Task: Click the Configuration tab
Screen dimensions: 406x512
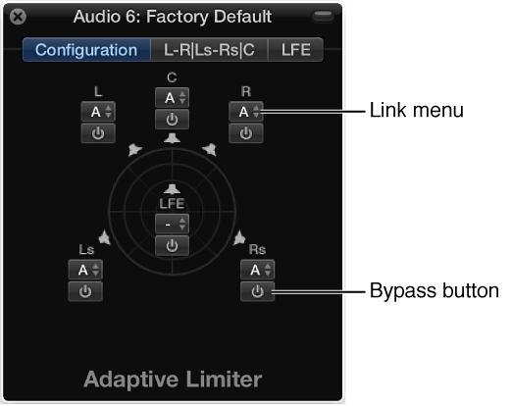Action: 86,50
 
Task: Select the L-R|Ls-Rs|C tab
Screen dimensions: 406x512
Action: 210,50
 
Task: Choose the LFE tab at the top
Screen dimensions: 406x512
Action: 295,50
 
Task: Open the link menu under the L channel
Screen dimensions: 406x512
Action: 97,113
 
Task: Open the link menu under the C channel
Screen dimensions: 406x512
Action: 172,98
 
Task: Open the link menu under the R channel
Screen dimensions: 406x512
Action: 245,113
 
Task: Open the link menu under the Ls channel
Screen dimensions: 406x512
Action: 85,270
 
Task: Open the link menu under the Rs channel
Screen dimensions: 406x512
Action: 257,270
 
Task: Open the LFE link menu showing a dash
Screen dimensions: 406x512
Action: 172,224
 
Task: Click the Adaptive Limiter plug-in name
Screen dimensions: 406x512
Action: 173,379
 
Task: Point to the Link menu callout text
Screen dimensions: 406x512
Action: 416,112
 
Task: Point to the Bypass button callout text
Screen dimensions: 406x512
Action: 434,291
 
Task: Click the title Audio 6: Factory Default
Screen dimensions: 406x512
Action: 173,17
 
